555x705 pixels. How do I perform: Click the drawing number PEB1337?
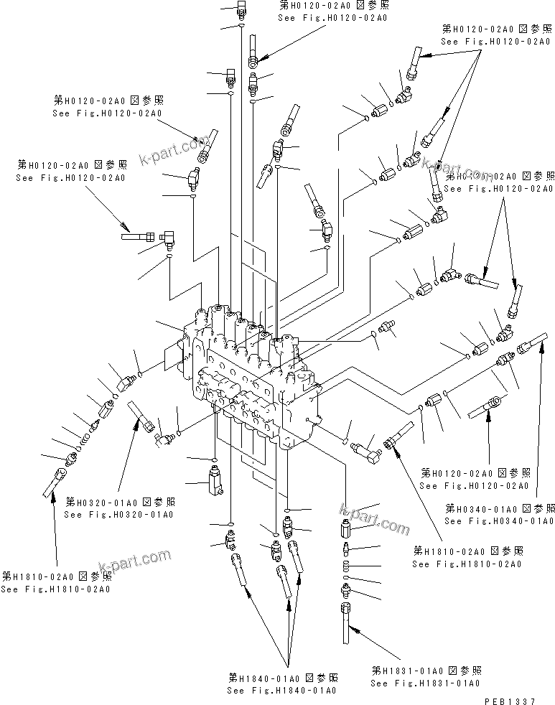[x=519, y=699]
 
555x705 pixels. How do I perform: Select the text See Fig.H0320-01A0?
[x=118, y=514]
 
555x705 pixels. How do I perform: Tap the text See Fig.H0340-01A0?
[x=498, y=520]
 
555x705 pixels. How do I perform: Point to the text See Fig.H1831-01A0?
[x=424, y=683]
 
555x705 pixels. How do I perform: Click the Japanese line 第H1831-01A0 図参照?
[x=426, y=671]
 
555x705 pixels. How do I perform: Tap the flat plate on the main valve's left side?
[x=172, y=357]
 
